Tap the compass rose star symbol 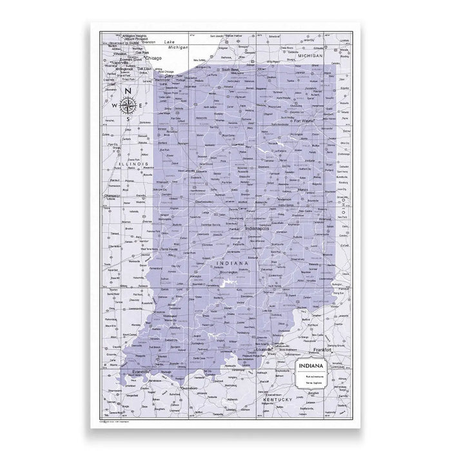pos(129,104)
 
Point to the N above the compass pos(129,91)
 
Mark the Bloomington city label pos(223,273)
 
